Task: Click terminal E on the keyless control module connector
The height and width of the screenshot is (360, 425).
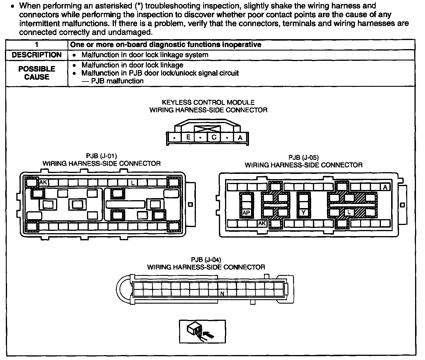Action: (188, 137)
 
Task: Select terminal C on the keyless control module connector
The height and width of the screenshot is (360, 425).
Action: (214, 137)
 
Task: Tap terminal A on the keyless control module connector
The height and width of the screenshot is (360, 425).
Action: (240, 137)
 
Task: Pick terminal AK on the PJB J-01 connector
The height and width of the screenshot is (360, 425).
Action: (43, 183)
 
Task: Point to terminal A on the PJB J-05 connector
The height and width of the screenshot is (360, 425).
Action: (385, 187)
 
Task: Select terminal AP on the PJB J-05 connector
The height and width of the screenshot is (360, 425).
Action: (246, 213)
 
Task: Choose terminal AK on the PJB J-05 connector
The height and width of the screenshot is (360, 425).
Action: (262, 224)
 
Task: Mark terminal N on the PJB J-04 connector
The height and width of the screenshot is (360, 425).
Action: (222, 293)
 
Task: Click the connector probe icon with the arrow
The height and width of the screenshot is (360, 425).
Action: (202, 332)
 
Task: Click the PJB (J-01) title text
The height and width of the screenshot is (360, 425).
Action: (102, 156)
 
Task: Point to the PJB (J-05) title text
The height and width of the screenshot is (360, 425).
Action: (304, 158)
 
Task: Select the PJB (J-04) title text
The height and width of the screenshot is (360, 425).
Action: (206, 259)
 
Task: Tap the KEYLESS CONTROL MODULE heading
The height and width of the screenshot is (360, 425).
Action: (208, 103)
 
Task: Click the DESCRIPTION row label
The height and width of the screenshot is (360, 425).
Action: (37, 55)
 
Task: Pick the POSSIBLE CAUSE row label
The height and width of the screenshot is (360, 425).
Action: (37, 73)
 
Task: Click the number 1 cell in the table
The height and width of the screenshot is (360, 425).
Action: (36, 45)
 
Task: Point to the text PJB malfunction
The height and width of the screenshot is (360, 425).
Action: (117, 81)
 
